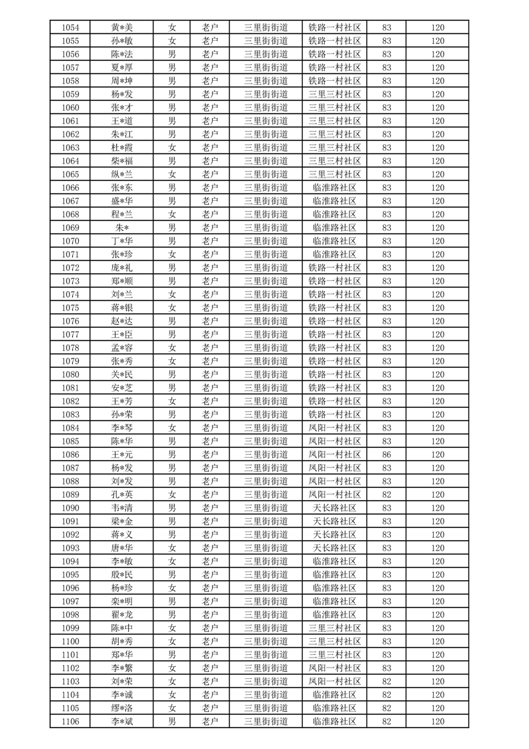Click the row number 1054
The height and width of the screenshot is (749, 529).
(70, 27)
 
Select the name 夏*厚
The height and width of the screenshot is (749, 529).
(122, 67)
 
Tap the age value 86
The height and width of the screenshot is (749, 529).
(387, 455)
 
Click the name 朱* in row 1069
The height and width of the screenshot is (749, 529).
(122, 228)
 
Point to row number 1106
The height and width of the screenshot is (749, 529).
(70, 722)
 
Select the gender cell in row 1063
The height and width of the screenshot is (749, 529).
(172, 148)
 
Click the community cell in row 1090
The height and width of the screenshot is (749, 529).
(334, 508)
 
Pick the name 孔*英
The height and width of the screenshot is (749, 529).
(122, 495)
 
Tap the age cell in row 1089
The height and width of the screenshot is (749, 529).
(387, 495)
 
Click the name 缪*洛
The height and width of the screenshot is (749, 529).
(122, 708)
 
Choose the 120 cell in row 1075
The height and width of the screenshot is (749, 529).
(438, 308)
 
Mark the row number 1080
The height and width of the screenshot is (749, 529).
(70, 374)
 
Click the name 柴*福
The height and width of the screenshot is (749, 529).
(122, 161)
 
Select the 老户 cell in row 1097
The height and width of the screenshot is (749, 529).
(210, 601)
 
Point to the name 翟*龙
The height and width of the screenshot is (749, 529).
(122, 615)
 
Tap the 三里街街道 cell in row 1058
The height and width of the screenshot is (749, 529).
(266, 81)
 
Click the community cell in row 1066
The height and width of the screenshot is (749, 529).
(334, 188)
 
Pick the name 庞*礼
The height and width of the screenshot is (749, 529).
(122, 268)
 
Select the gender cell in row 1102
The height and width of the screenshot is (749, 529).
(172, 668)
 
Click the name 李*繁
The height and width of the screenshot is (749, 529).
(122, 668)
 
